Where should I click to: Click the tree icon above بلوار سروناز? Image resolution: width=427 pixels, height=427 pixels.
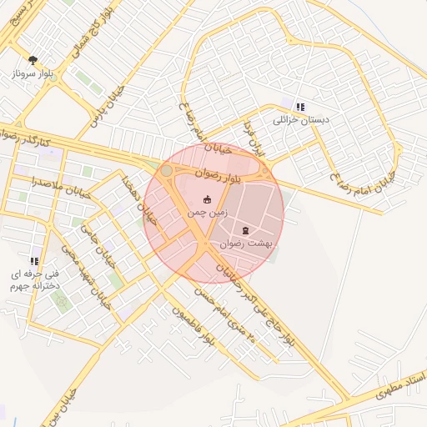(x=33, y=60)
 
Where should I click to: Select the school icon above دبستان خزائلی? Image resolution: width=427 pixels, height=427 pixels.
(x=299, y=107)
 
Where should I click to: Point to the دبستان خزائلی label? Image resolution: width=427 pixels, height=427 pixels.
(x=301, y=120)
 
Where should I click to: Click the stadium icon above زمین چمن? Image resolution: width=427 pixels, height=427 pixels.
(x=207, y=199)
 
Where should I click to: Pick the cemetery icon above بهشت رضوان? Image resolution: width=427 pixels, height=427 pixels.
(x=245, y=230)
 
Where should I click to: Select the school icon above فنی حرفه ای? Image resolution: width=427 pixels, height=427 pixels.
(x=34, y=261)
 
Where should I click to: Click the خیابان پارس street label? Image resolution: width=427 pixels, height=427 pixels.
(x=108, y=103)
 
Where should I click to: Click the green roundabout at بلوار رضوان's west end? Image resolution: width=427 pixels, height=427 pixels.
(x=166, y=171)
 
